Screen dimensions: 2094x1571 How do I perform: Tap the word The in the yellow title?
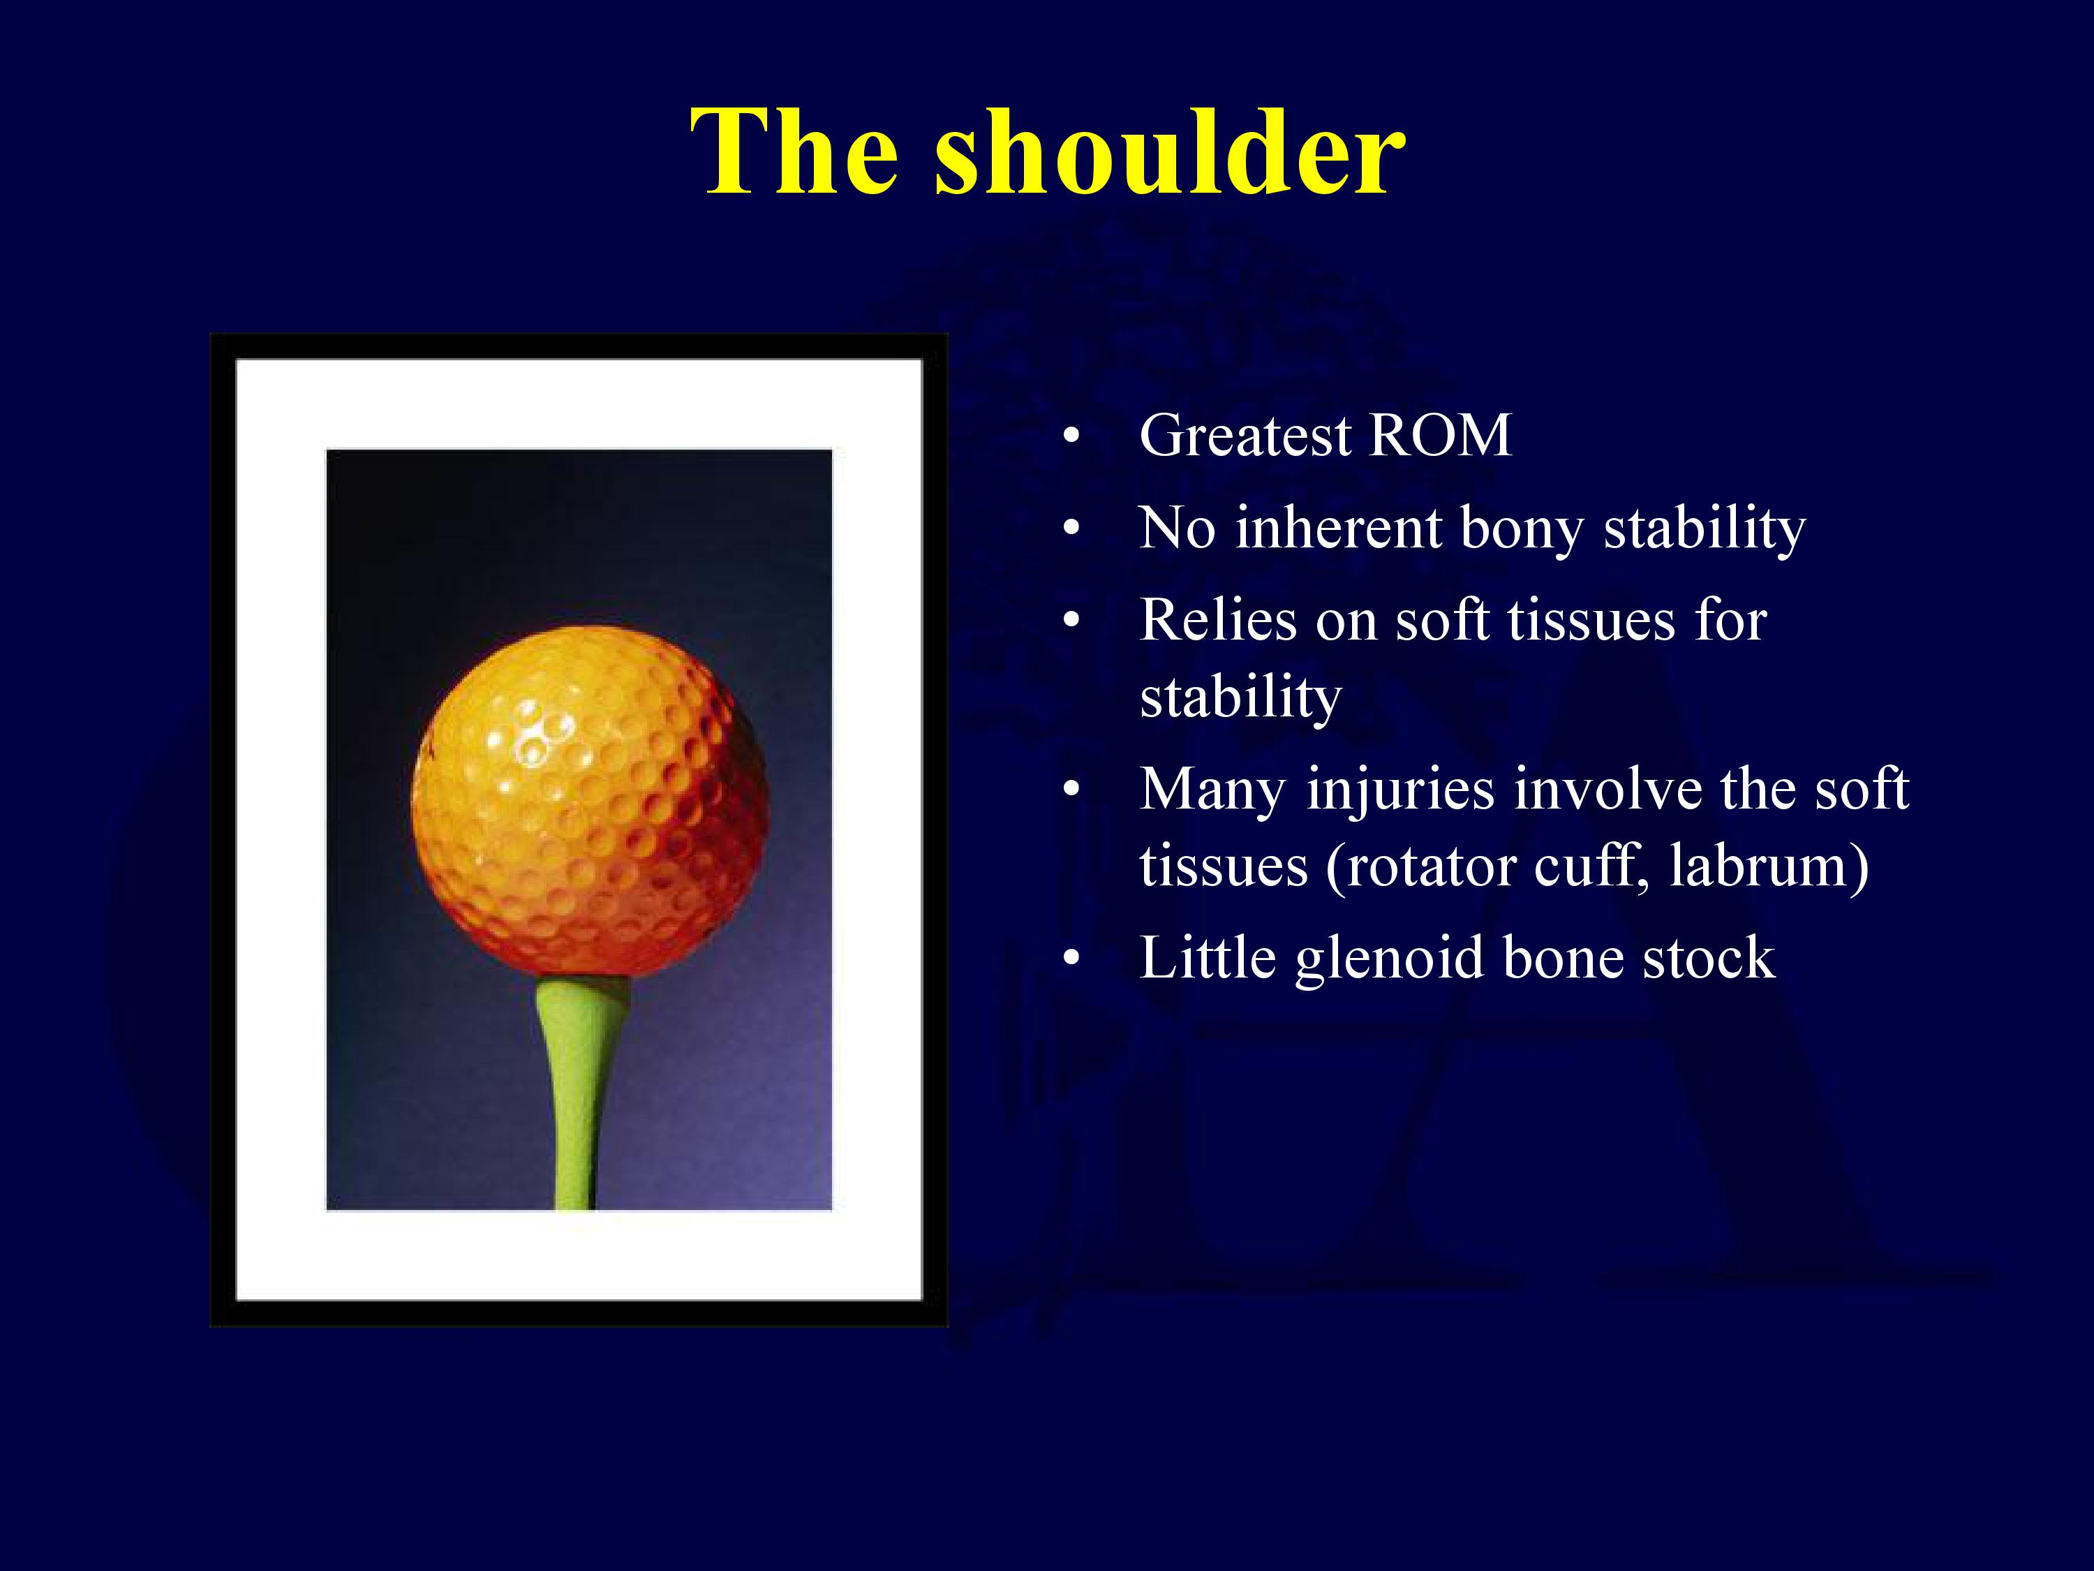click(x=794, y=152)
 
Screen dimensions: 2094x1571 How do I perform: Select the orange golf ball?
click(x=590, y=802)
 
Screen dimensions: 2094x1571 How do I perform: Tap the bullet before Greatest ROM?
click(x=1071, y=436)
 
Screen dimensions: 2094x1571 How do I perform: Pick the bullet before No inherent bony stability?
click(x=1071, y=529)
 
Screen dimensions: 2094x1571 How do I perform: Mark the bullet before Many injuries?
click(x=1071, y=790)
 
